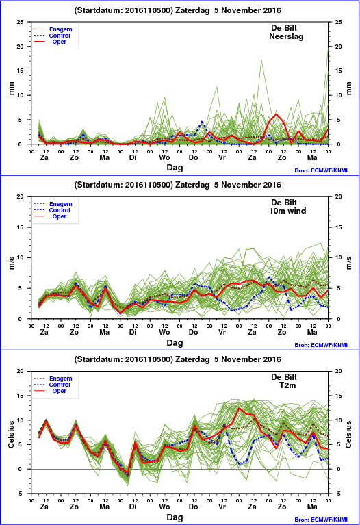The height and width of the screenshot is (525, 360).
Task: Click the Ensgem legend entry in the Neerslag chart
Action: pyautogui.click(x=61, y=29)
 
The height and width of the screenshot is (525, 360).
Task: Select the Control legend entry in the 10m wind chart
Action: pyautogui.click(x=60, y=210)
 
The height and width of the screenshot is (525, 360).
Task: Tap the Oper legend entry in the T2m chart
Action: pyautogui.click(x=60, y=391)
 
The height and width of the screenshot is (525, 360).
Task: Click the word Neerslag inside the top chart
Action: pyautogui.click(x=286, y=36)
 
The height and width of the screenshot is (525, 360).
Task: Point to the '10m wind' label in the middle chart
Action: pyautogui.click(x=287, y=211)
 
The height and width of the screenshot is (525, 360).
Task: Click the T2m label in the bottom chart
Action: pyautogui.click(x=287, y=385)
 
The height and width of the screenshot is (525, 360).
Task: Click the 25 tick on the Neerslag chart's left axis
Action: pyautogui.click(x=21, y=22)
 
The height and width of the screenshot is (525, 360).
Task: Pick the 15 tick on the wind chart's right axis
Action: pyautogui.click(x=339, y=227)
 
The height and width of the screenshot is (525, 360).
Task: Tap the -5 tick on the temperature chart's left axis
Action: pyautogui.click(x=21, y=494)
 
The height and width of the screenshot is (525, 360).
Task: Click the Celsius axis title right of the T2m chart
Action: pyautogui.click(x=348, y=434)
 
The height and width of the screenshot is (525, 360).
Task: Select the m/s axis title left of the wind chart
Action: pyautogui.click(x=12, y=263)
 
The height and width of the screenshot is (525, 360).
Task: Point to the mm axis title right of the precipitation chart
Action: pyautogui.click(x=348, y=88)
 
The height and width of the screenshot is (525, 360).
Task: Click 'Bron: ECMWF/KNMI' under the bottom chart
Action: pyautogui.click(x=321, y=520)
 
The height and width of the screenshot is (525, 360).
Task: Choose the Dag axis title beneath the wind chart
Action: pyautogui.click(x=175, y=342)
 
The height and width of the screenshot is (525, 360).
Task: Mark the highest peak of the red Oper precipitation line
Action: pyautogui.click(x=277, y=114)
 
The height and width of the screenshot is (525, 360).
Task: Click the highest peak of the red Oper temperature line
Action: pyautogui.click(x=239, y=408)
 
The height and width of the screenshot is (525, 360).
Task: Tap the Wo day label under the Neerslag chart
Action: pyautogui.click(x=164, y=157)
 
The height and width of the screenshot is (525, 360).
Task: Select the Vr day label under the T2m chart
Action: pyautogui.click(x=222, y=507)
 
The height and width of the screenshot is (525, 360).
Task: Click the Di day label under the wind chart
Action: pyautogui.click(x=133, y=332)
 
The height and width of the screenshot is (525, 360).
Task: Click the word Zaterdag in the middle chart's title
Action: pyautogui.click(x=192, y=185)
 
